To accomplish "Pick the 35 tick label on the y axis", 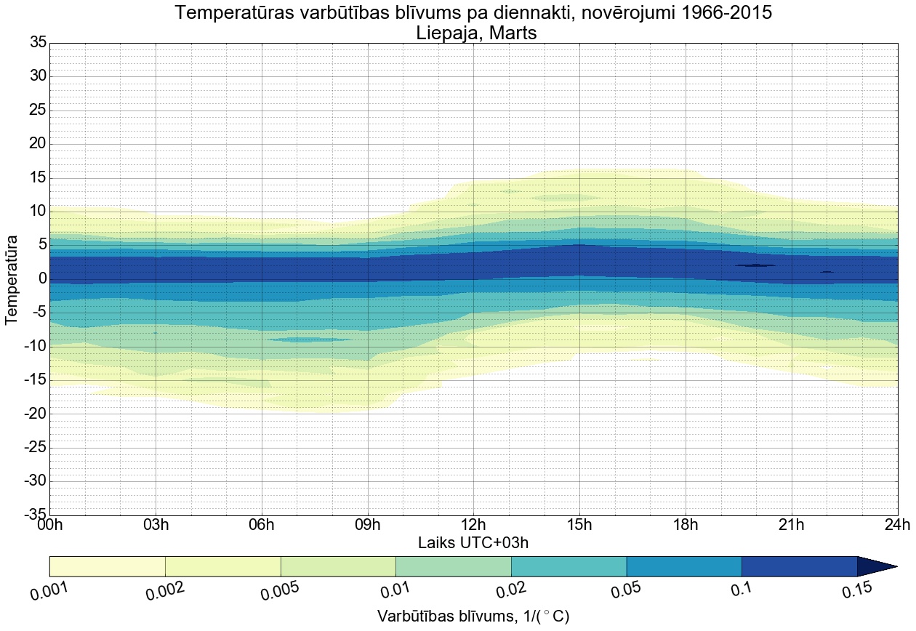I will coord(38,43).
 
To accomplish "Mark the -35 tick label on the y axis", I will coord(34,515).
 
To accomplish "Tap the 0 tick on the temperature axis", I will coord(43,279).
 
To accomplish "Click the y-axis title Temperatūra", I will coord(12,279).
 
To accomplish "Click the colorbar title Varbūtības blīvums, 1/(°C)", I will coord(473,616).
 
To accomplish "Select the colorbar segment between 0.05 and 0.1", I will coord(684,566).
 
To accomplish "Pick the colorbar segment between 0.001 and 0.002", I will coord(108,566).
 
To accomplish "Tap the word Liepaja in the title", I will coord(444,33).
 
